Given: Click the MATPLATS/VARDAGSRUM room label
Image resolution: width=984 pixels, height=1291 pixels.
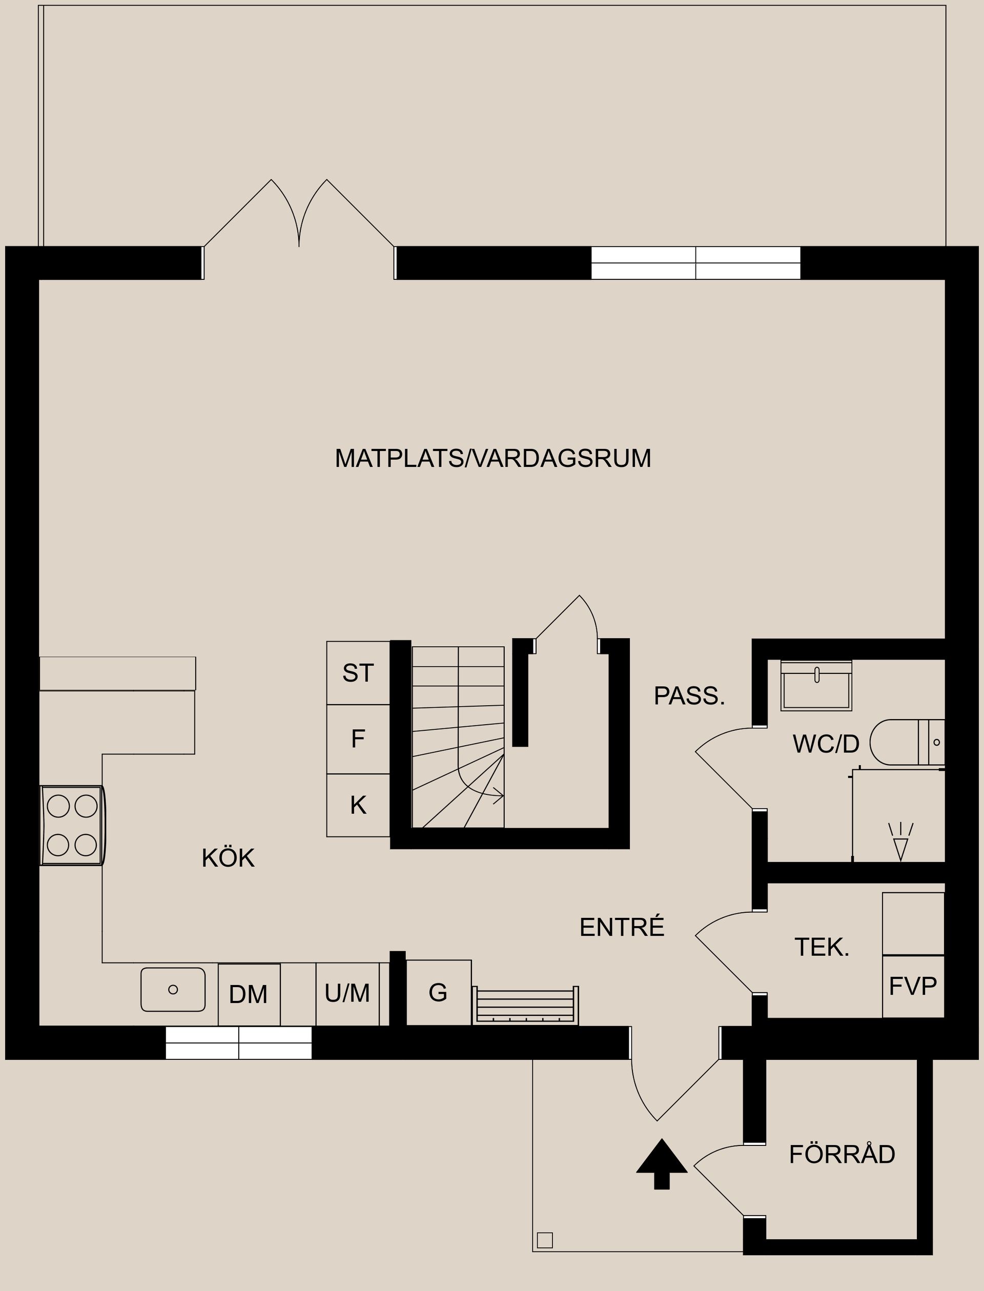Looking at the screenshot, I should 493,458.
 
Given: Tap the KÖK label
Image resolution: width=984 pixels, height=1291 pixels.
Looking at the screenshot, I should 228,858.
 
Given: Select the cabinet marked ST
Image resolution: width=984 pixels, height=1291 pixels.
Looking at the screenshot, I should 358,673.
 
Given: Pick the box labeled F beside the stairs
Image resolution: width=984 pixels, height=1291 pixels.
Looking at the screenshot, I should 358,739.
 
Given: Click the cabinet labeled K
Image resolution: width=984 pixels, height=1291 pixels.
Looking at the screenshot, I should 358,806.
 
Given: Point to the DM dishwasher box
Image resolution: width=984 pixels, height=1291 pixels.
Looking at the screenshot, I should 249,994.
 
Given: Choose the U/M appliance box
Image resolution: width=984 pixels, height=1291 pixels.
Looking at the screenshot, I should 347,993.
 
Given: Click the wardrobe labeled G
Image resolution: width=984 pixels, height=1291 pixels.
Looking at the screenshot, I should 438,992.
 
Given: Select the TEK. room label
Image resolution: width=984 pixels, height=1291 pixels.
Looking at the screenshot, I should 821,947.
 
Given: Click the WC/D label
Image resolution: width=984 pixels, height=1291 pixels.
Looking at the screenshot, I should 826,744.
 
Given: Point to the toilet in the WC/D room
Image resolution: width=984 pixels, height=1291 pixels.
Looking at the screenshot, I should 905,742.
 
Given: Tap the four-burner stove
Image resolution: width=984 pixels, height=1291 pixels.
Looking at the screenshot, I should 73,825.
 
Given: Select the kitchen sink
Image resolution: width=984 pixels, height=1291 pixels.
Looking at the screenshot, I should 173,989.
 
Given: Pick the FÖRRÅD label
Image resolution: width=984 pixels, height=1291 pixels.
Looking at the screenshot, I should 842,1154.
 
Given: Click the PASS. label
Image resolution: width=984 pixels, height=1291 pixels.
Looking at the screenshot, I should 689,696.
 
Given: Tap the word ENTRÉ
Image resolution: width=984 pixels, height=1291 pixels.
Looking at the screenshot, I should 622,927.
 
